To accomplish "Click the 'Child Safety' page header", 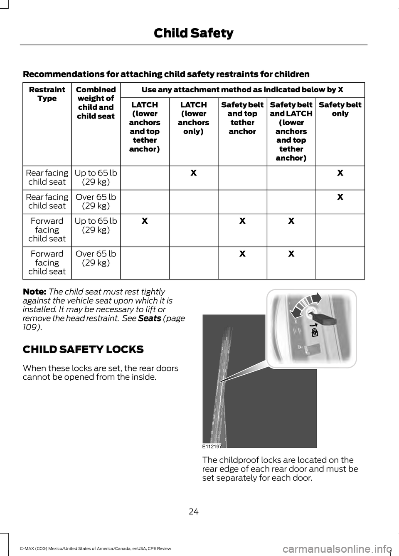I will coord(193,33).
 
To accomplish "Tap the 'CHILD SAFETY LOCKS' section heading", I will coord(83,349).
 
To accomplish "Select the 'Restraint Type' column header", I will coord(47,94).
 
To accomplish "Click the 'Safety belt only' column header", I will coord(340,109).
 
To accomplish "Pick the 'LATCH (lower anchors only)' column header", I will coord(193,118).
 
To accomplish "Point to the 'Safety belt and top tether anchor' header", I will coord(242,118).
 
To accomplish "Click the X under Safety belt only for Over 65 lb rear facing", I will coord(340,197).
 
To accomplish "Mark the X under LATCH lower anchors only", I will coord(193,173).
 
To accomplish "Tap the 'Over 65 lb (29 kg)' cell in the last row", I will coord(96,258).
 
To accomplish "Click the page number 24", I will coord(193,512).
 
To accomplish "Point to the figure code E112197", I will coord(212,445).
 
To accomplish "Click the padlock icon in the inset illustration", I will coord(315,331).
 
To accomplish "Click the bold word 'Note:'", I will coord(34,292).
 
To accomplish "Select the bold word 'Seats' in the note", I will coord(149,318).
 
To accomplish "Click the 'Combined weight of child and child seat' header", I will coord(96,103).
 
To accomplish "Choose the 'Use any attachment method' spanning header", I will coord(242,90).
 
